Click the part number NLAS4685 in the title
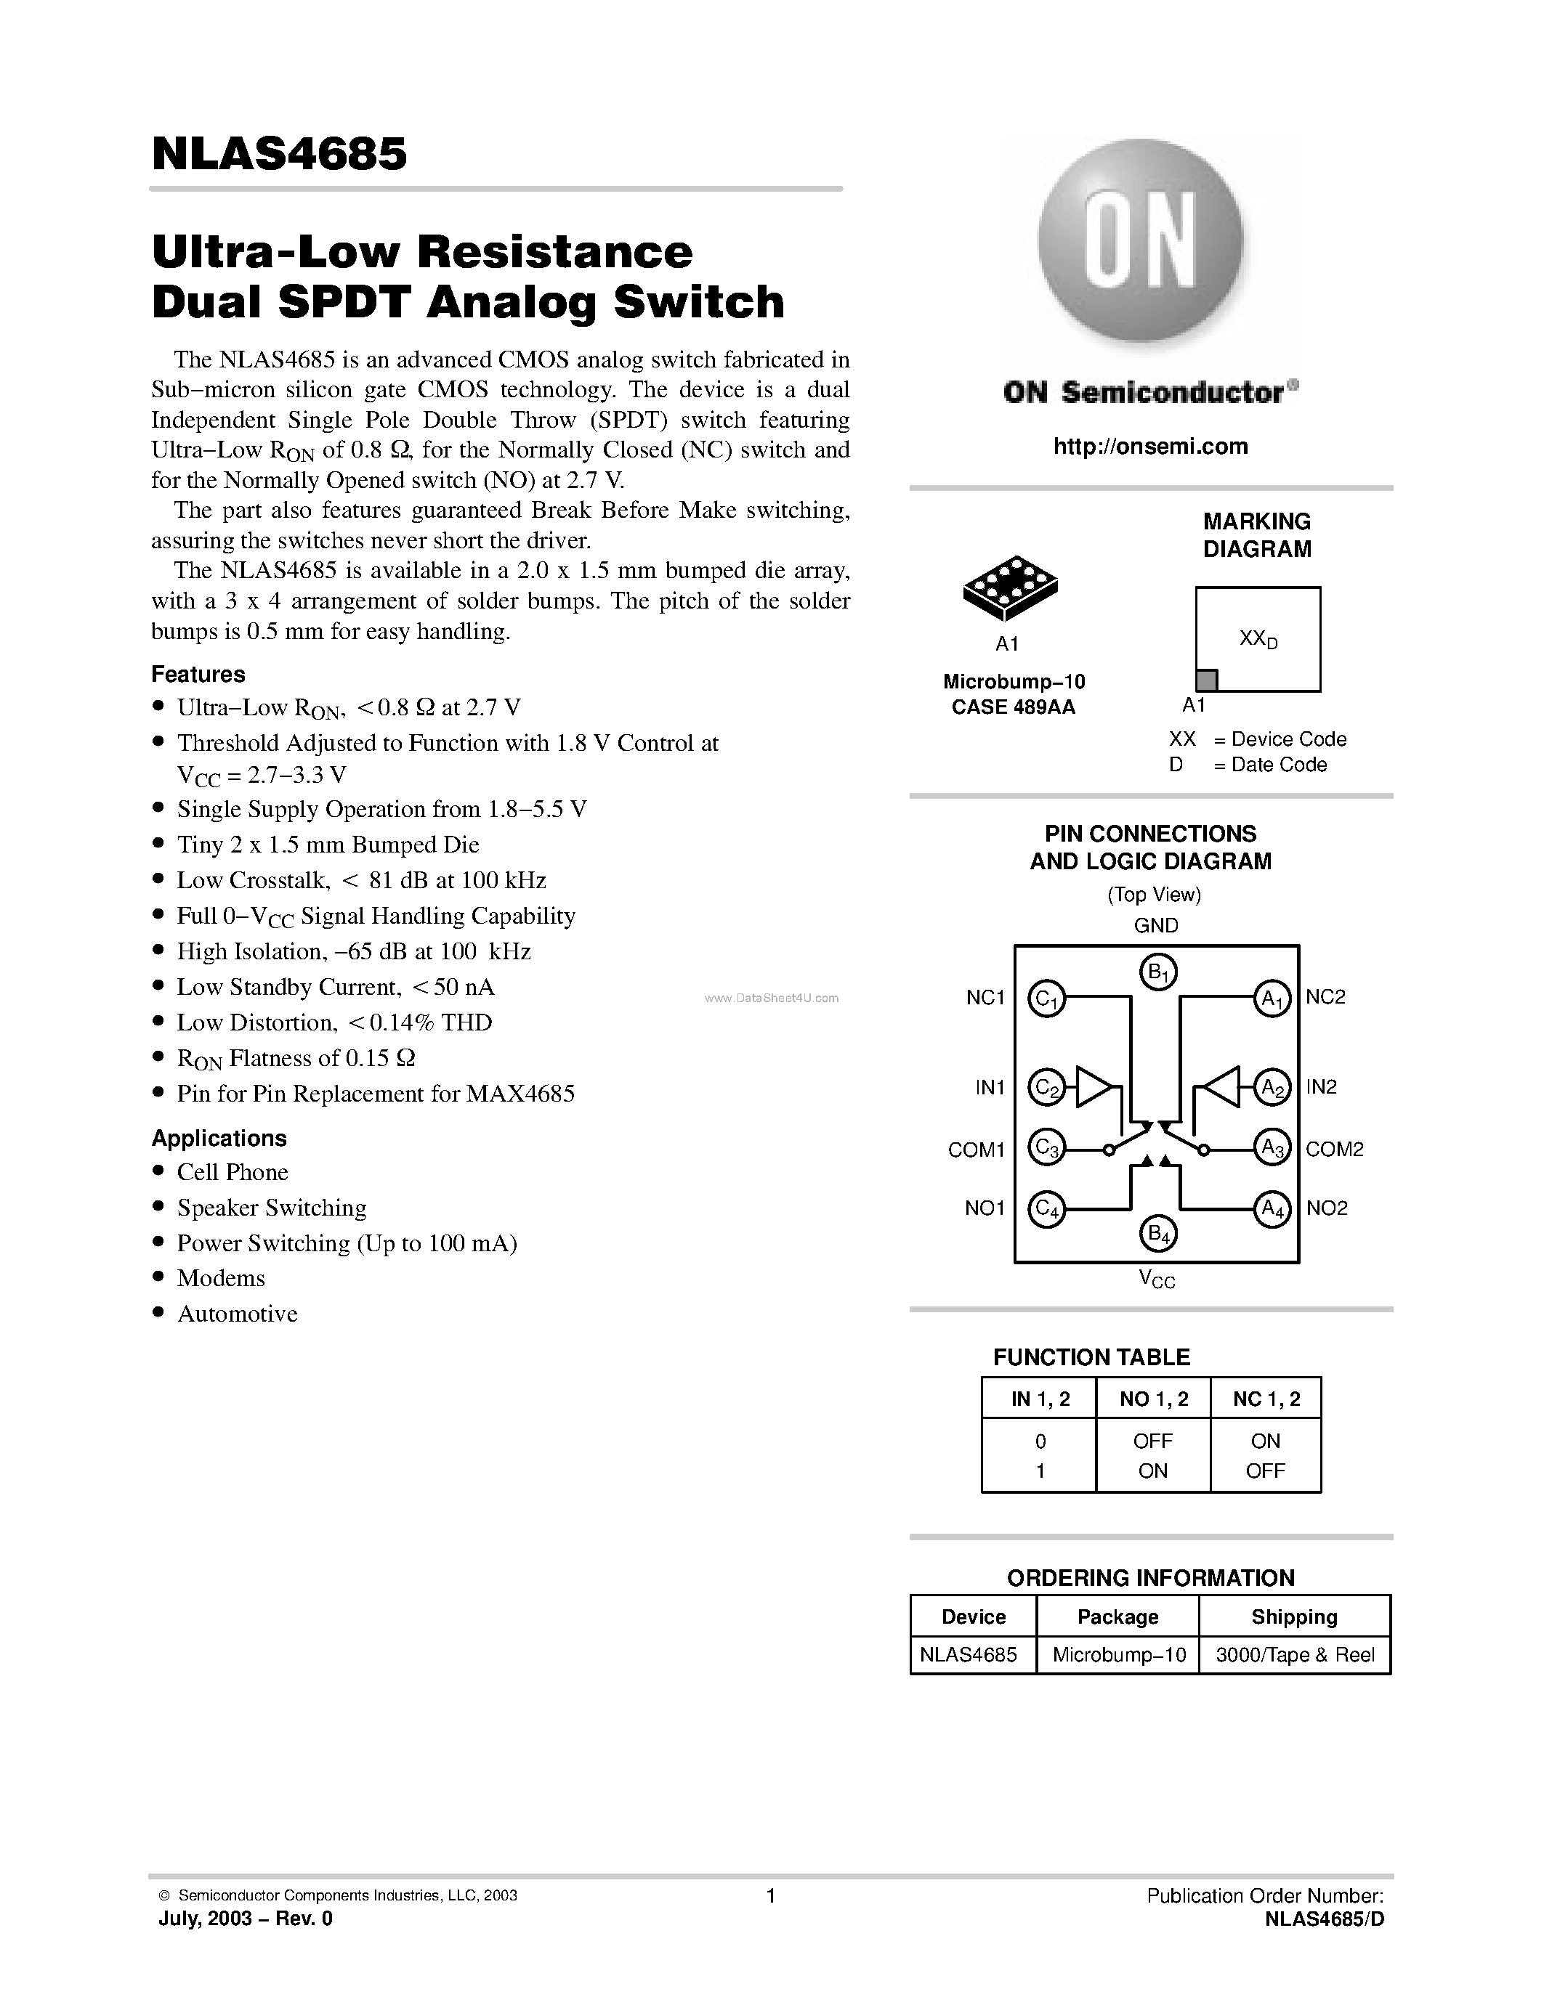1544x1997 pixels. pos(279,154)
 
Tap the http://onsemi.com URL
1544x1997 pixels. pos(1149,446)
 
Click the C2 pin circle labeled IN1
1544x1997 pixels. pos(1046,1087)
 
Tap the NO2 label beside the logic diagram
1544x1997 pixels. pos(1326,1208)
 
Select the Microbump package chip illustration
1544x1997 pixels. pos(1010,587)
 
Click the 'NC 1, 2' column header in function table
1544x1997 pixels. pos(1266,1399)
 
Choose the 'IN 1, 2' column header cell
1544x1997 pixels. pos(1039,1399)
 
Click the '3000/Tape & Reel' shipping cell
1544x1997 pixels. pos(1294,1655)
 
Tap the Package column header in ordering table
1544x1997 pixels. pos(1117,1616)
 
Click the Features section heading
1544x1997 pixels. pos(198,675)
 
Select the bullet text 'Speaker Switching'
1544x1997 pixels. pos(272,1208)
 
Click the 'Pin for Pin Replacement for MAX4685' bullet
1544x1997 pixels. pos(375,1094)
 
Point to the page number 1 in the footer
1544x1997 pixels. pos(770,1895)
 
